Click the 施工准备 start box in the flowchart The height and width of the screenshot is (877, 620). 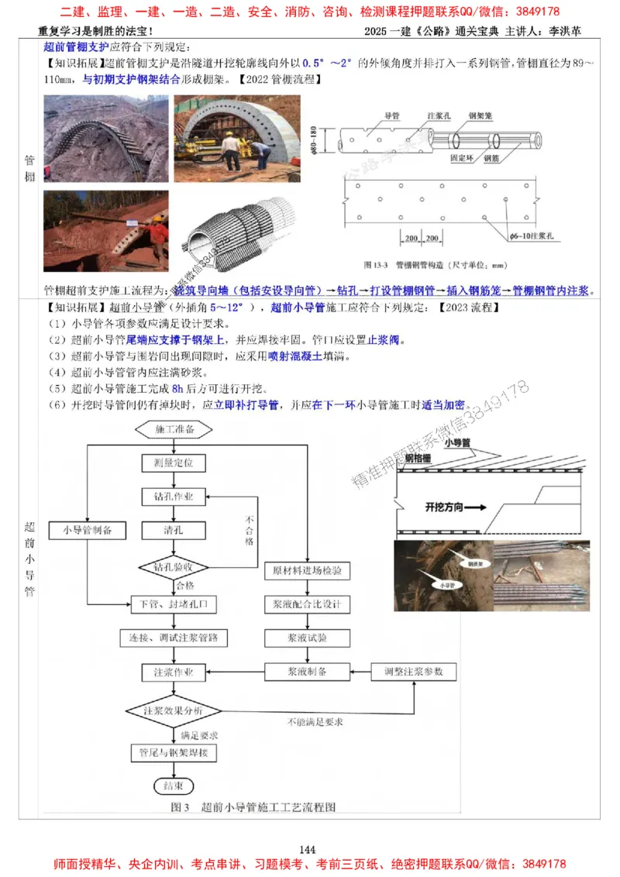tap(174, 428)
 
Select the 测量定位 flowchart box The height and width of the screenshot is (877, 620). tap(174, 463)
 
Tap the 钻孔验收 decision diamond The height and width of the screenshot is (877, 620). tap(174, 567)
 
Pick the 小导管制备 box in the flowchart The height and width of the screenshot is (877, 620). tap(86, 530)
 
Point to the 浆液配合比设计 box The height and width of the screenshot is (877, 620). tap(307, 604)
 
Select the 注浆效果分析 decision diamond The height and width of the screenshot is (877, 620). tap(174, 710)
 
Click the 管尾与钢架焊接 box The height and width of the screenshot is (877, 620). tap(174, 752)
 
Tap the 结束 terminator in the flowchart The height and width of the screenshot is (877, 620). tap(174, 786)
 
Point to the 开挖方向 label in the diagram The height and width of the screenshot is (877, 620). tap(448, 508)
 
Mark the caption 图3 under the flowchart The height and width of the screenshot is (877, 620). tap(180, 807)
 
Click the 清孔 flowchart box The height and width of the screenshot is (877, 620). tap(174, 530)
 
